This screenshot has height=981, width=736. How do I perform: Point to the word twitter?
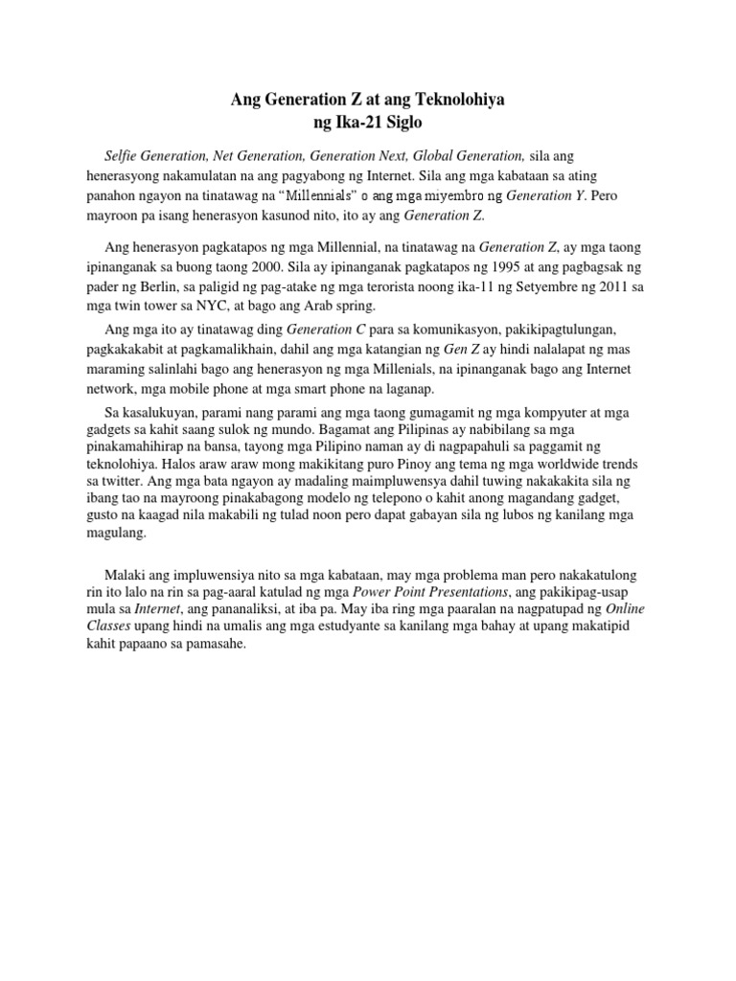point(158,484)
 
